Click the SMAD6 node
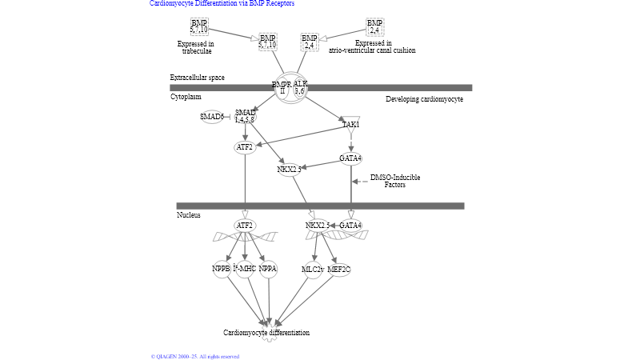(211, 117)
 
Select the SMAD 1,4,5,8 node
(245, 116)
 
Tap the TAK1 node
(350, 124)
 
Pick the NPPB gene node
(222, 269)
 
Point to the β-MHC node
(244, 269)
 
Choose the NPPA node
(267, 269)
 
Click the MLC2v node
(313, 270)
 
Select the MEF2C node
(339, 270)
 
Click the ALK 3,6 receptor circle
(300, 87)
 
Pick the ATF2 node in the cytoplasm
(245, 147)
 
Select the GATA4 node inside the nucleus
(350, 226)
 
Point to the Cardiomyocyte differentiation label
(266, 333)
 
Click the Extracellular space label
(197, 78)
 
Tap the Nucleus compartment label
(189, 214)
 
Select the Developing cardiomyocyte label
(424, 99)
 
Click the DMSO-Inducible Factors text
(394, 181)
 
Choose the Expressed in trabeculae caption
(196, 47)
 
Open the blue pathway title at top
(222, 4)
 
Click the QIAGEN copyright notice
(195, 356)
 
